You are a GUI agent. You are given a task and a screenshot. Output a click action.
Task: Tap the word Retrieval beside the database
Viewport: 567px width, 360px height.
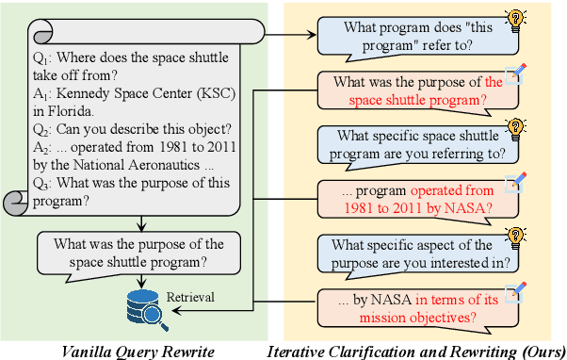(x=190, y=297)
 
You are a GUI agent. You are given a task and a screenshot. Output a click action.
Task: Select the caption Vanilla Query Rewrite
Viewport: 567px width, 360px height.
(x=136, y=350)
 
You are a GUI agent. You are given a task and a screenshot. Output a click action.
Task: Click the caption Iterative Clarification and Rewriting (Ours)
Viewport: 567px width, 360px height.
(x=416, y=350)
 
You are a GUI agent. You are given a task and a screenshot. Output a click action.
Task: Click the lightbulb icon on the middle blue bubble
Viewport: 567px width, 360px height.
(x=515, y=127)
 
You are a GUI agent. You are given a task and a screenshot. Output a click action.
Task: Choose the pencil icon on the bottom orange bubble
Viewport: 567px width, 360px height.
(x=513, y=291)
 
